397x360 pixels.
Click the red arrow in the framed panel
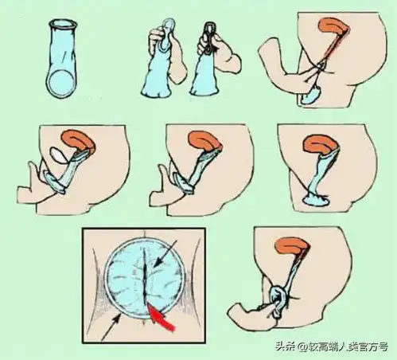point(162,319)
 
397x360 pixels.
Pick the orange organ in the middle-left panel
point(77,142)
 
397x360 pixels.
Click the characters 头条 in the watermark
point(284,346)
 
